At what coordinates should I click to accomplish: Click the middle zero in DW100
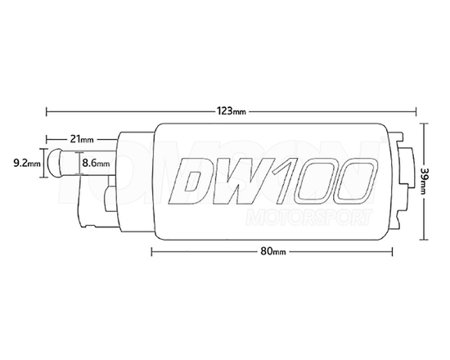[320, 180]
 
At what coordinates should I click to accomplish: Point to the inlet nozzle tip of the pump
[51, 163]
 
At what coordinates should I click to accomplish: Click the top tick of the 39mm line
[425, 124]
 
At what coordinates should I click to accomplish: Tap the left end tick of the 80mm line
[153, 252]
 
